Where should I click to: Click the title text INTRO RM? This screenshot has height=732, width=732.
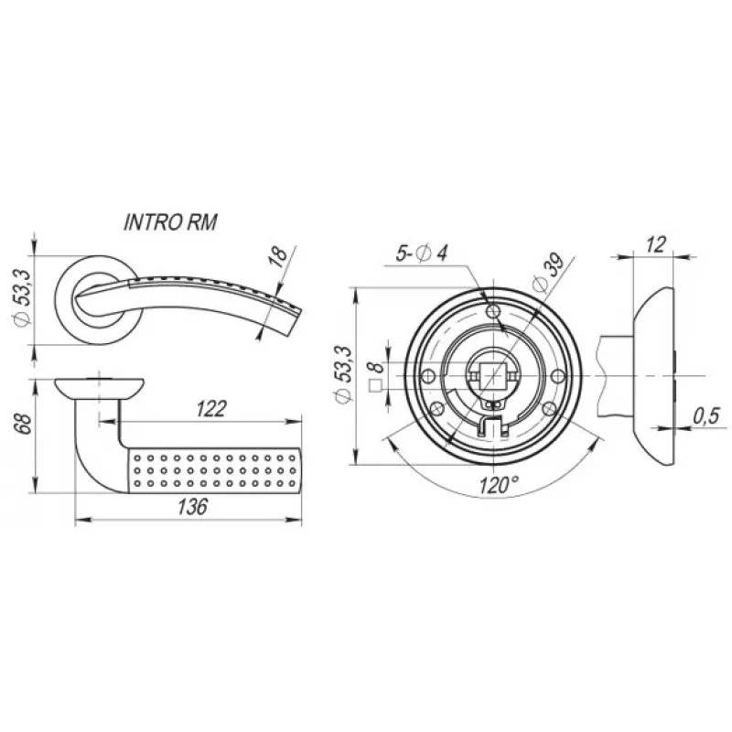tap(170, 222)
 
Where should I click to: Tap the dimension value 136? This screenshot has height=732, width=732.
tap(192, 507)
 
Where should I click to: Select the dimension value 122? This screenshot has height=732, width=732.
tap(211, 409)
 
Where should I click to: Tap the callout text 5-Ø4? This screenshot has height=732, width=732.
tap(422, 253)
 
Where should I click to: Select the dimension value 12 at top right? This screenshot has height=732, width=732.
tap(655, 244)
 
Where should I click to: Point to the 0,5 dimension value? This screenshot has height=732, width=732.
tap(706, 416)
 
